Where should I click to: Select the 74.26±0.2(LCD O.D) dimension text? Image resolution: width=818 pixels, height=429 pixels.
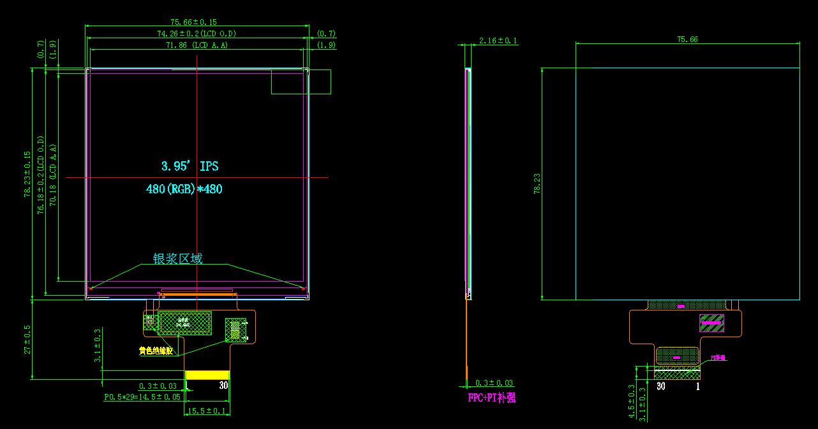tap(197, 33)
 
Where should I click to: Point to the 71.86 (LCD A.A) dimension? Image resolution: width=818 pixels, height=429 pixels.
tap(197, 45)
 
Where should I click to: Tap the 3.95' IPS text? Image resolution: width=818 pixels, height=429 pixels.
tap(190, 166)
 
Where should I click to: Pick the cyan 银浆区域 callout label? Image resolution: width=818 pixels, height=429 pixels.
tap(177, 259)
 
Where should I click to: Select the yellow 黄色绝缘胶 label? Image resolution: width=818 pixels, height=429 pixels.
tap(156, 351)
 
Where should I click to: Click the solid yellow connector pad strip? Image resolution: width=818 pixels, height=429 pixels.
tap(207, 375)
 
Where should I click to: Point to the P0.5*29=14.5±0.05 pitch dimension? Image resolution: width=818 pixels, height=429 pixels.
tap(144, 396)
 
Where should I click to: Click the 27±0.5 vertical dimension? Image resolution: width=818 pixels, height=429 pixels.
tap(27, 339)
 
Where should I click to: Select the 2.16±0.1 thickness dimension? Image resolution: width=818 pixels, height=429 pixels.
tap(498, 41)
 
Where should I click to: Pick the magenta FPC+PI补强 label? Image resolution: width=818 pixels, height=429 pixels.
tap(491, 398)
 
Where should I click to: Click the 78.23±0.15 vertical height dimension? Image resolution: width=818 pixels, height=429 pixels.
tap(27, 174)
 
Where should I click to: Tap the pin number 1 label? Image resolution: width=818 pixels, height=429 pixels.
tap(697, 386)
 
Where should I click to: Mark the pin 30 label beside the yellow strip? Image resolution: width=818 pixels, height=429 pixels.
tap(223, 386)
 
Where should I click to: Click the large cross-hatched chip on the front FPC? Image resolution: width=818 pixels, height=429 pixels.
tap(185, 323)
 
